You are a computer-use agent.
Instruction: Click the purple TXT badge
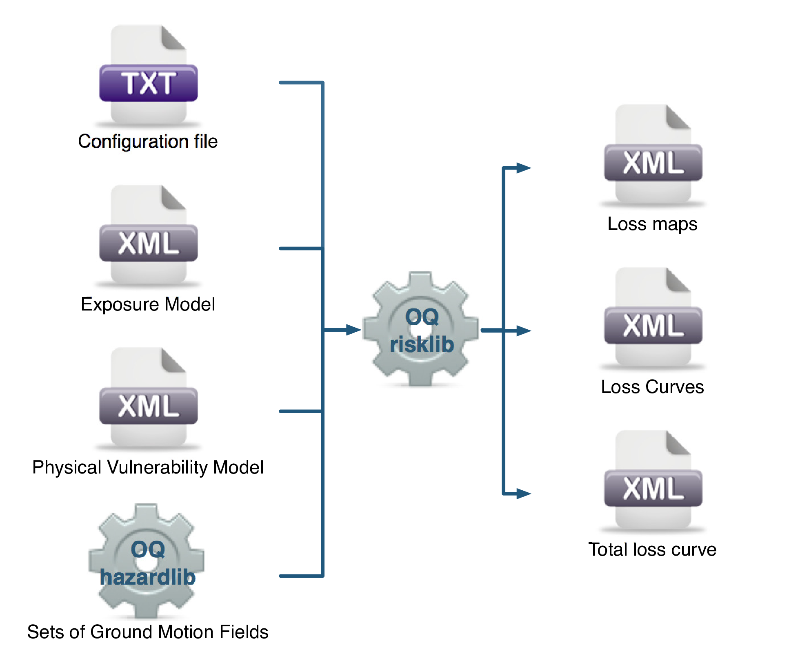tap(148, 83)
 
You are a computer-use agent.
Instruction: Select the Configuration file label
tap(148, 141)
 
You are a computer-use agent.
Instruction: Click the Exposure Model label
tap(148, 304)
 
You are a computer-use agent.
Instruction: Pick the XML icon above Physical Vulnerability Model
tap(148, 398)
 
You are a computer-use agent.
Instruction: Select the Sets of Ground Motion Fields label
tap(148, 632)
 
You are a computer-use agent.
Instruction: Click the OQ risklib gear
tap(421, 329)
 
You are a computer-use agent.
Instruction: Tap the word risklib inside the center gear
tap(422, 344)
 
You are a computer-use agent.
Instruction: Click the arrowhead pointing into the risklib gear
tap(353, 330)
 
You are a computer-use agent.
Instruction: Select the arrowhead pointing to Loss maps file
tap(523, 168)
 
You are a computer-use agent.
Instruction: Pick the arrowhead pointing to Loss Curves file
tap(523, 331)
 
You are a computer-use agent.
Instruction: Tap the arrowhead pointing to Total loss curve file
tap(523, 494)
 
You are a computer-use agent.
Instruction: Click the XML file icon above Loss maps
tap(653, 155)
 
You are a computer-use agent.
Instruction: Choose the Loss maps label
tap(652, 224)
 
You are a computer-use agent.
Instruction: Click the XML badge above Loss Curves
tap(653, 326)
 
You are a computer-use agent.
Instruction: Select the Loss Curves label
tap(652, 387)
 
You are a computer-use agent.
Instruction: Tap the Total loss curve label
tap(652, 550)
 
